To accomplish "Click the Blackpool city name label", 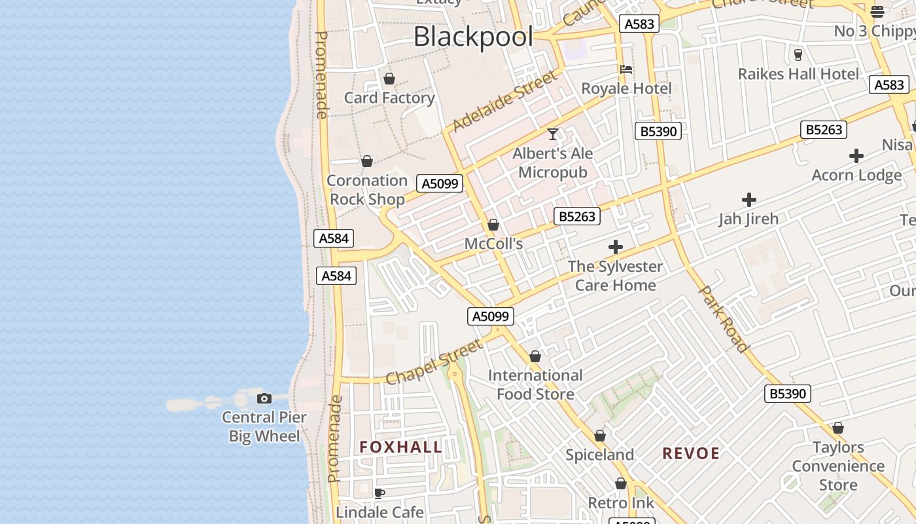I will (x=473, y=37).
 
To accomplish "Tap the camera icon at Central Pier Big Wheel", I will (x=264, y=398).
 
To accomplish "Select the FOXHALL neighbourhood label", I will (x=400, y=447).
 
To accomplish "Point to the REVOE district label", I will (x=691, y=453).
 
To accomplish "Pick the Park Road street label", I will (x=723, y=319).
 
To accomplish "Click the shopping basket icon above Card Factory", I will (x=389, y=79).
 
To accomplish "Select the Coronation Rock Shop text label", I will (x=367, y=189).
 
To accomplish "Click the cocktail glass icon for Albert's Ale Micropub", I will (x=553, y=134).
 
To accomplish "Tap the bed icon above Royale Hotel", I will (x=626, y=69).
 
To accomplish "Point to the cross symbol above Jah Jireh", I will (x=749, y=200).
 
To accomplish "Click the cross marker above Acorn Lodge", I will (x=856, y=156).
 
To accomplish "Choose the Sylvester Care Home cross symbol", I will (x=615, y=247).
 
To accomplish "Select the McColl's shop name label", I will (x=493, y=244).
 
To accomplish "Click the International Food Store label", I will (x=535, y=384).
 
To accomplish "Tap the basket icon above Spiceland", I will (x=600, y=436).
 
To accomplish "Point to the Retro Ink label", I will (x=621, y=503).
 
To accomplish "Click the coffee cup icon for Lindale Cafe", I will (x=379, y=493).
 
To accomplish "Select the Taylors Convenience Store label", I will (x=838, y=466).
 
